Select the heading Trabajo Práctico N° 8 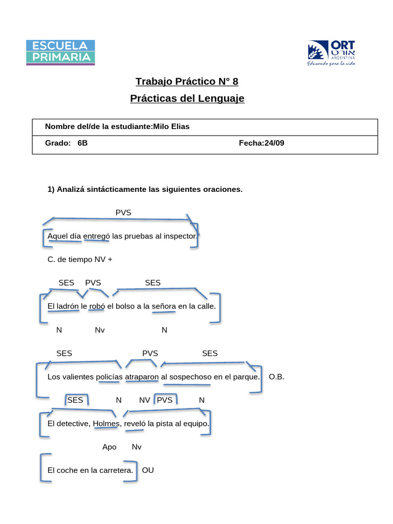coord(187,81)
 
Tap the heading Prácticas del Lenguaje coord(187,98)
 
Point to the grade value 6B coord(82,143)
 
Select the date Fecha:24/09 coord(261,143)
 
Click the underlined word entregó coord(96,236)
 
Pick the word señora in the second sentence coord(164,307)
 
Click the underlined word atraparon coord(142,377)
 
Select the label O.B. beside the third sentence coord(276,377)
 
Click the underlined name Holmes coord(106,424)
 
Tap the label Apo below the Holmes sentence coord(110,447)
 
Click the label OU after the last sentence coord(148,470)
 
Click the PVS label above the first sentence coord(123,212)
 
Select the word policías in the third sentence coord(110,377)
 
